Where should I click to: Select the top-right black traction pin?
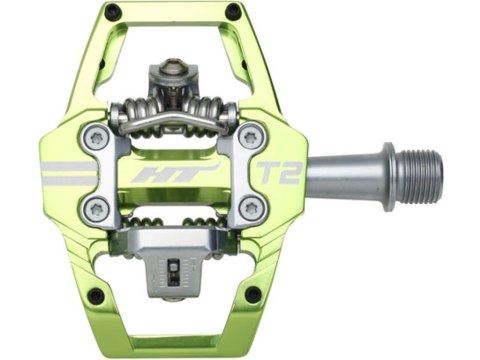click(x=233, y=12)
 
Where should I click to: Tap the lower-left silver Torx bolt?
click(x=98, y=208)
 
